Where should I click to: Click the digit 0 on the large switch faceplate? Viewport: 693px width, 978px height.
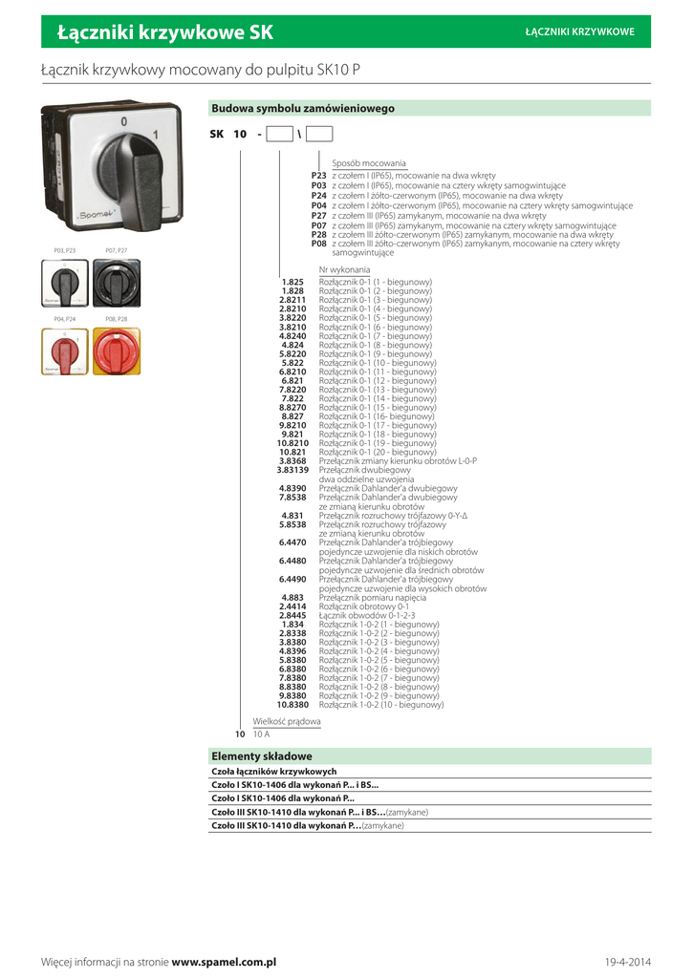123,121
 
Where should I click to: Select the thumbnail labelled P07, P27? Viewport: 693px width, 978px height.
116,283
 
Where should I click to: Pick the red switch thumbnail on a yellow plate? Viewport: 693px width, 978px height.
116,351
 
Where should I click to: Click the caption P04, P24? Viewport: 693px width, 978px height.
65,318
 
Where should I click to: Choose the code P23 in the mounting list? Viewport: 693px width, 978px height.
318,177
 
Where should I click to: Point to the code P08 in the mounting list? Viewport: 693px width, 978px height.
318,244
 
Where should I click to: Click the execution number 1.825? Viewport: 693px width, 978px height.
292,282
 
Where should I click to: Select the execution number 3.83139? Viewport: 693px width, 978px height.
292,470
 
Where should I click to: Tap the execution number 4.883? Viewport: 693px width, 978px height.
292,597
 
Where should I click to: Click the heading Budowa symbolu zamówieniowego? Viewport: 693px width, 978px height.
303,109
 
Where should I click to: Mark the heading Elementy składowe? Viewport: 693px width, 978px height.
262,755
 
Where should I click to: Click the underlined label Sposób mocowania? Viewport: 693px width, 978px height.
369,163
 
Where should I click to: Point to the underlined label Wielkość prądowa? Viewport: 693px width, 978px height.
287,721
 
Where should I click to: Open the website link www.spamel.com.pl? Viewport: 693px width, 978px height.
224,961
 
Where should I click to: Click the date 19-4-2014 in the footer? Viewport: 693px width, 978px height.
627,961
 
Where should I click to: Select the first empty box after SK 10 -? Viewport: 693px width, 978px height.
279,135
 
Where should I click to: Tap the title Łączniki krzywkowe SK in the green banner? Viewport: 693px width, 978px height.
165,32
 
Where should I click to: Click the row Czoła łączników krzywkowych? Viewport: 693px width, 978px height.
273,771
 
